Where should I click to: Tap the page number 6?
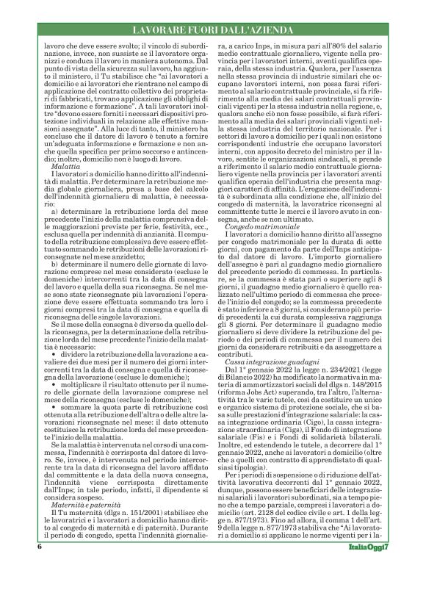(36, 569)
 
